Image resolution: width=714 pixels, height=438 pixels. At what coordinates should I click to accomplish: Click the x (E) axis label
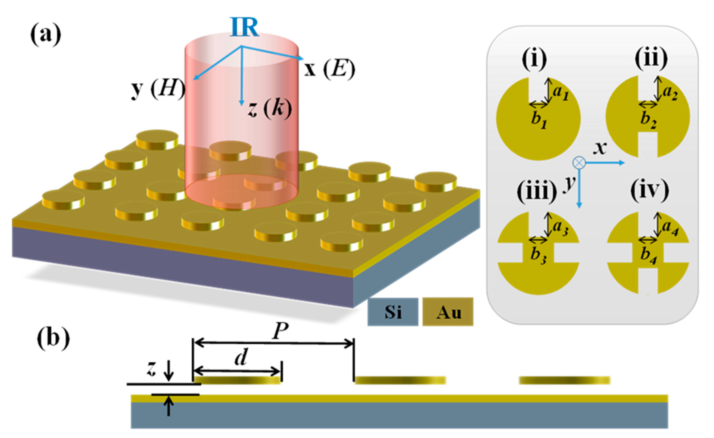tap(329, 70)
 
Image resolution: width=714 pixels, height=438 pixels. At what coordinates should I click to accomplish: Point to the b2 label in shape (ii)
tap(649, 119)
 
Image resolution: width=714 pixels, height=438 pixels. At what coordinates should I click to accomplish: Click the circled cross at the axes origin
tap(579, 163)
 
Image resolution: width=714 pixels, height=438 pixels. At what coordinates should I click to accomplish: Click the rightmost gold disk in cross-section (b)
tap(564, 380)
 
